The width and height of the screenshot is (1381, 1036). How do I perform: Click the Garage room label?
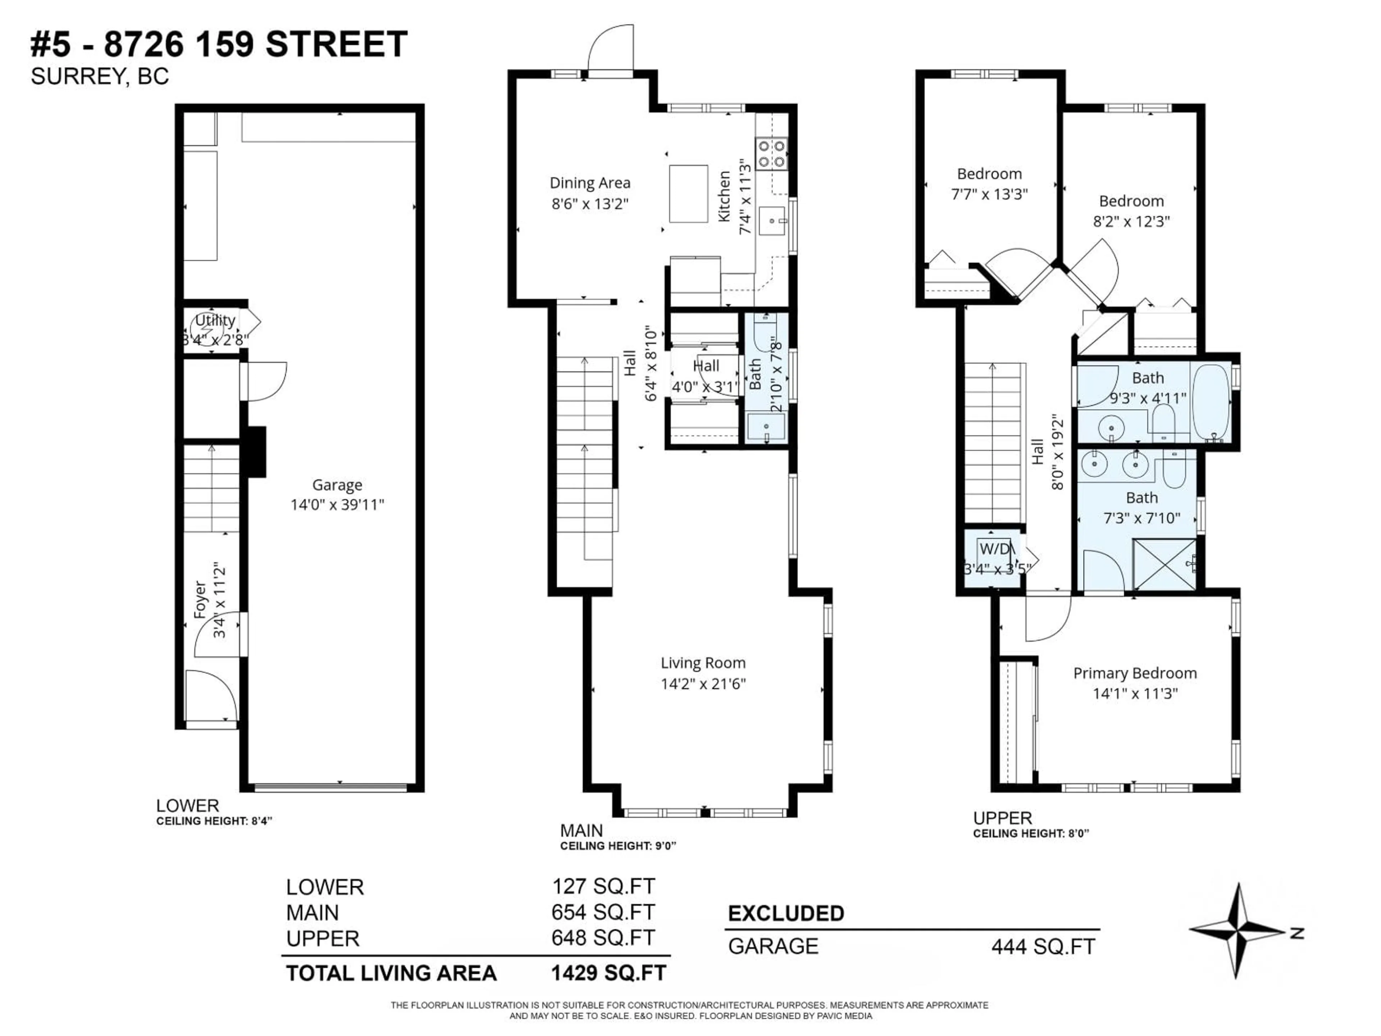(337, 485)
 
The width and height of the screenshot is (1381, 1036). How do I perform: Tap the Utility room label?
(215, 321)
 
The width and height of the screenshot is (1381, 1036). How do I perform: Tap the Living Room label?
(703, 663)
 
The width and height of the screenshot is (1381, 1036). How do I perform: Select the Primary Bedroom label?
(1134, 673)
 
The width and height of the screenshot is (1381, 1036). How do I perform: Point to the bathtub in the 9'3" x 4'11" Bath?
(1211, 403)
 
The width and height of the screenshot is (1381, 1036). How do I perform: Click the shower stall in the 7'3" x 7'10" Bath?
(1164, 564)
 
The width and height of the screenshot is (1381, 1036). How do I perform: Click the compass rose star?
(1236, 931)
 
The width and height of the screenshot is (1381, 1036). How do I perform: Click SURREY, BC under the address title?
(100, 77)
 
